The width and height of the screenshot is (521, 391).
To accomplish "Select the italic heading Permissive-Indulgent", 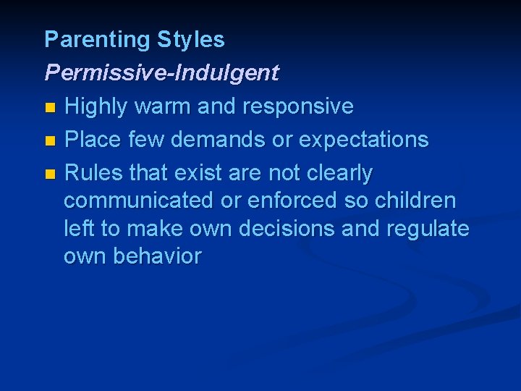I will coord(161,73).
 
